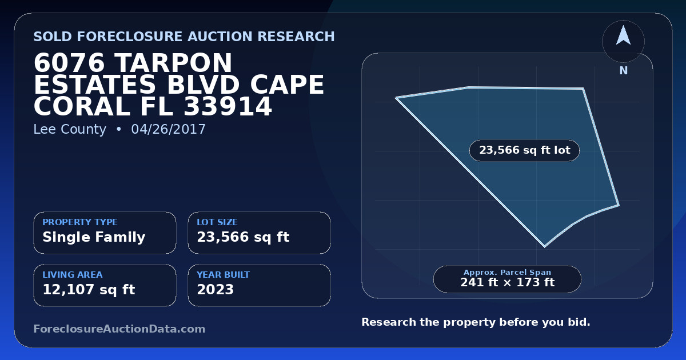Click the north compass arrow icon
tap(623, 35)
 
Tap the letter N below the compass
tap(624, 71)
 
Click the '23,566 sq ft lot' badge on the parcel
tap(524, 150)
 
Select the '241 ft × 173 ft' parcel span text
tap(507, 282)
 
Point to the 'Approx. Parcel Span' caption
tap(507, 272)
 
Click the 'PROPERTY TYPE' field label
tap(80, 222)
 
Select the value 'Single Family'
tap(94, 237)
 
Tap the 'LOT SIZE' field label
tap(217, 222)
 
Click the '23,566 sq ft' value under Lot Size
tap(243, 237)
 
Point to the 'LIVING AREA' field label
tap(73, 275)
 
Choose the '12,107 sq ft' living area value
tap(89, 290)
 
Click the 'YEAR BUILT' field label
tap(224, 275)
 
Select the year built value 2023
tap(216, 290)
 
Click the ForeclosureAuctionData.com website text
tap(119, 329)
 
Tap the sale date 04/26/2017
tap(168, 129)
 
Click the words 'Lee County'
tap(70, 129)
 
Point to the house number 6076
tap(69, 63)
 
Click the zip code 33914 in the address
tap(228, 106)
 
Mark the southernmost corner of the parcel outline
tap(544, 247)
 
